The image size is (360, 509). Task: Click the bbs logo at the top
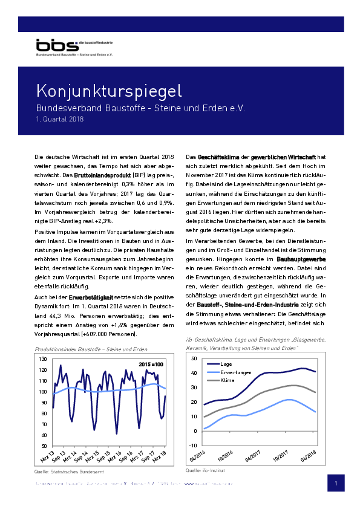click(56, 46)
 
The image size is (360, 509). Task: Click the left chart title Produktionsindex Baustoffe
click(91, 350)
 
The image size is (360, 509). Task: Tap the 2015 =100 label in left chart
click(151, 365)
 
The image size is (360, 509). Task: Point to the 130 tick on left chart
click(42, 359)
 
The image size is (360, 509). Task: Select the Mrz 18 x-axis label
click(160, 455)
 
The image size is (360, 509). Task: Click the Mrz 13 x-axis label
click(48, 455)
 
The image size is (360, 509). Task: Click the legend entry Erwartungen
click(236, 372)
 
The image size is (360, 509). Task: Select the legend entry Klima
click(228, 381)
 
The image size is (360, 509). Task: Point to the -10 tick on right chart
click(194, 445)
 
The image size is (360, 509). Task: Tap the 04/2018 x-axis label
click(309, 455)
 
